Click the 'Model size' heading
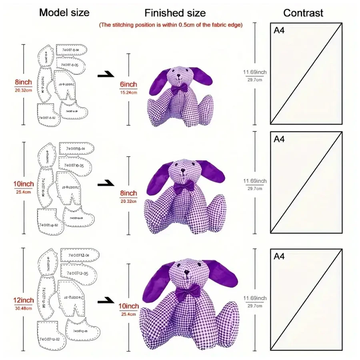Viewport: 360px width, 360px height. tap(64, 12)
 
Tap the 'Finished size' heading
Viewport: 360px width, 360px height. tap(175, 13)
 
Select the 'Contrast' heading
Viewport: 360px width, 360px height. tap(303, 13)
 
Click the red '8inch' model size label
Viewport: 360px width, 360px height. tap(23, 82)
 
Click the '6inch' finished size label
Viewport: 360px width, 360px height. tap(128, 84)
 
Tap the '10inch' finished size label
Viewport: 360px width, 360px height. tap(129, 306)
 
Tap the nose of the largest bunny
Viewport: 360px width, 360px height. tap(186, 275)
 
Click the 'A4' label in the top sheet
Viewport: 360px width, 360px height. tap(279, 31)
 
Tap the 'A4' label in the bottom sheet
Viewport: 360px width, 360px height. tap(279, 256)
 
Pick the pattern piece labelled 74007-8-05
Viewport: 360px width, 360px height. tap(71, 65)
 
